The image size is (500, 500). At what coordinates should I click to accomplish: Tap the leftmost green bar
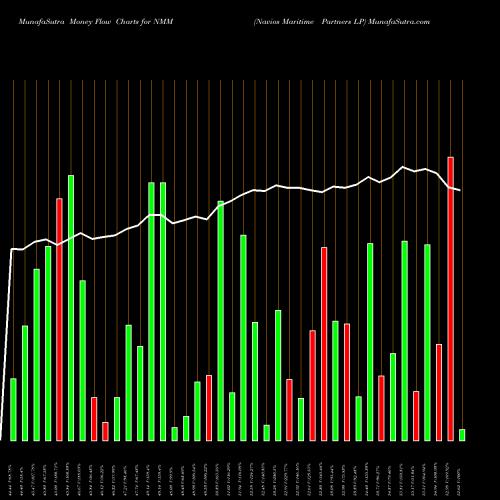[13, 409]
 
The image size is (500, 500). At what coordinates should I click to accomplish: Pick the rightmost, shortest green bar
[462, 434]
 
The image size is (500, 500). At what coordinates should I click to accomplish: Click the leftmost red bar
[59, 319]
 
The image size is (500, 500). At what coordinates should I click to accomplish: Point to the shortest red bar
[105, 431]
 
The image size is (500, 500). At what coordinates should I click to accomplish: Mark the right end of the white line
[460, 190]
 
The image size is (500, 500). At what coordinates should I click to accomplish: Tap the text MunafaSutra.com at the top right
[431, 21]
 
